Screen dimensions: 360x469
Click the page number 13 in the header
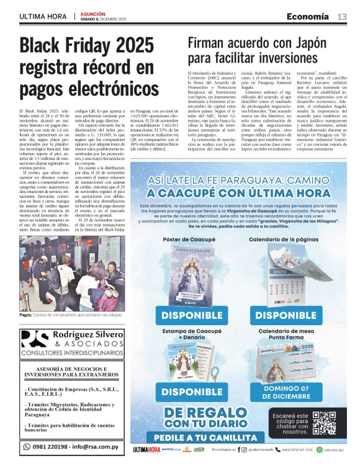pos(342,17)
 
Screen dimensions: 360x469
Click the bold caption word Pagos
pos(25,316)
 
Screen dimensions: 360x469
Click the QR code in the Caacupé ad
pos(323,423)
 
